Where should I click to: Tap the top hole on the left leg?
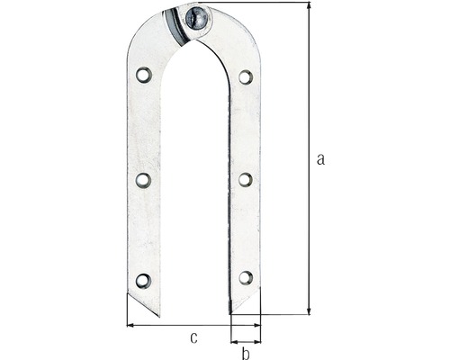pyautogui.click(x=143, y=75)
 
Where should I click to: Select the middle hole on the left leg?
pyautogui.click(x=143, y=180)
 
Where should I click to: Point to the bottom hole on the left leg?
pyautogui.click(x=143, y=281)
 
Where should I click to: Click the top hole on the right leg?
pyautogui.click(x=246, y=76)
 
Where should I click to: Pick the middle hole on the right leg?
pyautogui.click(x=246, y=179)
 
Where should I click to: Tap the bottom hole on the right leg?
pyautogui.click(x=246, y=278)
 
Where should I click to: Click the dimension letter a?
pyautogui.click(x=320, y=159)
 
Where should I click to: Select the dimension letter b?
pyautogui.click(x=245, y=354)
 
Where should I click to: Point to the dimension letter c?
pyautogui.click(x=193, y=337)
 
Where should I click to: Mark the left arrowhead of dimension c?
pyautogui.click(x=131, y=325)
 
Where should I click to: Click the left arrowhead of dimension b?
pyautogui.click(x=234, y=342)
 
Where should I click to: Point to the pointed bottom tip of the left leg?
pyautogui.click(x=158, y=315)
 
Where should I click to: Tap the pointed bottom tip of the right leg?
pyautogui.click(x=232, y=313)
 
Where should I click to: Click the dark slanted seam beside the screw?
pyautogui.click(x=180, y=25)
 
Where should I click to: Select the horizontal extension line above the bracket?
pyautogui.click(x=261, y=4)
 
